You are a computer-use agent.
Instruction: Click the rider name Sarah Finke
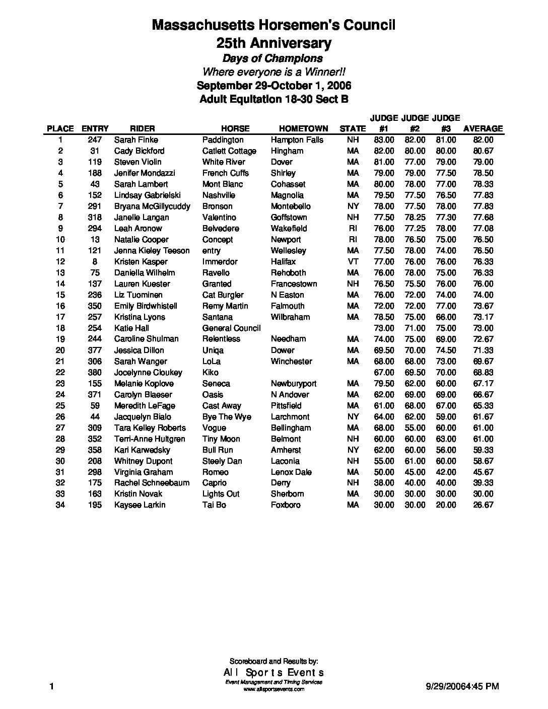click(136, 140)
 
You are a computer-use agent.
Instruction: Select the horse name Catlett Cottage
click(229, 151)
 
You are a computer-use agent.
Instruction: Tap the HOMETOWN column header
click(303, 128)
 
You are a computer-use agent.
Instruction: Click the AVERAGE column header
click(483, 128)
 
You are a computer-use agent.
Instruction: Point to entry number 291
click(94, 206)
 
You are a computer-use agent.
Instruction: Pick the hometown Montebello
click(291, 206)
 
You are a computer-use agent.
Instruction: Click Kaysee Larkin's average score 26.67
click(483, 505)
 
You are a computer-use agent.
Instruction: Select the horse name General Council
click(231, 328)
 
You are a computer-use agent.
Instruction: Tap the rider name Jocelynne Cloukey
click(148, 373)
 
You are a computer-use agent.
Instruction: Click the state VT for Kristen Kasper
click(353, 262)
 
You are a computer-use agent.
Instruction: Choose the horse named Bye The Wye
click(227, 417)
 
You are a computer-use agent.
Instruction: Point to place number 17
click(60, 317)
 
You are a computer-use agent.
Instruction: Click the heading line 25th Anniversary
click(273, 43)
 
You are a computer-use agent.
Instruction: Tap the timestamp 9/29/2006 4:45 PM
click(462, 686)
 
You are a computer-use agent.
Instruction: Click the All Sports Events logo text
click(273, 673)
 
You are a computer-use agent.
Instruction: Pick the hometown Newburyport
click(294, 384)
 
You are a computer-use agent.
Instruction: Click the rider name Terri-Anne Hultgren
click(149, 439)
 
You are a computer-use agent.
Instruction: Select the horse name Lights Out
click(221, 494)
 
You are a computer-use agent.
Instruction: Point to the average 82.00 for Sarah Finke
click(483, 140)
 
